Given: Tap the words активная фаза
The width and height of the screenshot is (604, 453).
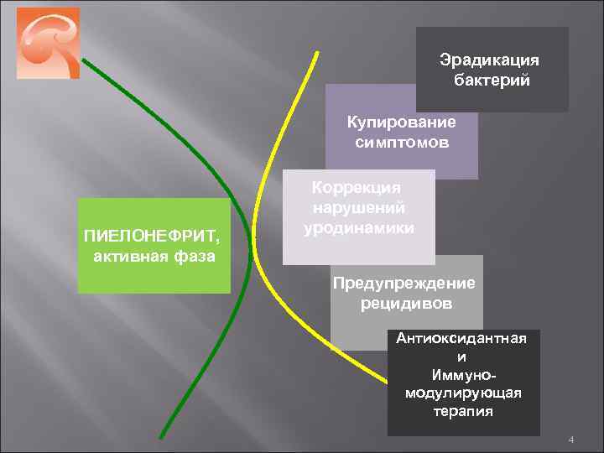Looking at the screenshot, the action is (154, 255).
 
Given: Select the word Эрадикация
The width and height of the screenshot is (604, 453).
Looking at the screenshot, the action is (490, 61).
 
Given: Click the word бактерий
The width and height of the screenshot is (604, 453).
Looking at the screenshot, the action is (492, 81).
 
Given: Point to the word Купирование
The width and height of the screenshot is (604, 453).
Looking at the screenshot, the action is (402, 123).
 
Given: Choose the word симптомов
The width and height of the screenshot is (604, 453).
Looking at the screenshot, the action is (402, 142).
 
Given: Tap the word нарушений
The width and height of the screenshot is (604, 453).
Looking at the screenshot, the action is (359, 207).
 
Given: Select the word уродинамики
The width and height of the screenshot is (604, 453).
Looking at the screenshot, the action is (360, 226).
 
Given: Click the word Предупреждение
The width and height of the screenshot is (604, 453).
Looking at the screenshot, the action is (404, 283).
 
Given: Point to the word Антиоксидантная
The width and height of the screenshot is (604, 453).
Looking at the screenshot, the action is (462, 338).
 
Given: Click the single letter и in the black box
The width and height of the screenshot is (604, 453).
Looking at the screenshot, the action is (464, 357).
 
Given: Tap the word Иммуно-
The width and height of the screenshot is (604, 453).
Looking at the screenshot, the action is (463, 375).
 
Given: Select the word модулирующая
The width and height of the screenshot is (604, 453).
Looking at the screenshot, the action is (463, 393).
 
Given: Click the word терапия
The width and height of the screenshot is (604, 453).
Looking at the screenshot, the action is (464, 412).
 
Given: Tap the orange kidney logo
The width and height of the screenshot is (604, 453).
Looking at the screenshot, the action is (48, 43).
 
